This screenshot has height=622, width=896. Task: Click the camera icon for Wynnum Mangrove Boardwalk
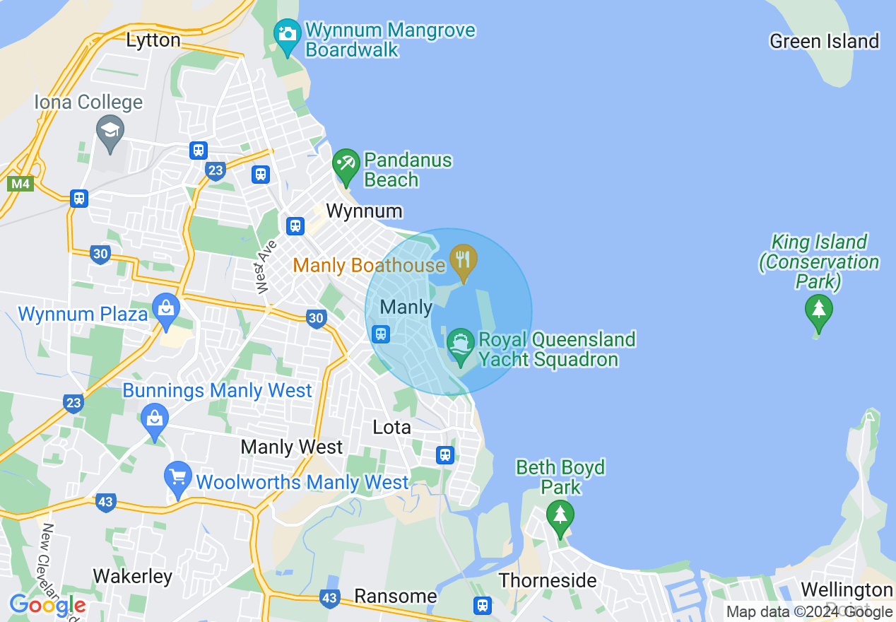(x=287, y=34)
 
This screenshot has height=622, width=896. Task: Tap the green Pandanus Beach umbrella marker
(x=346, y=163)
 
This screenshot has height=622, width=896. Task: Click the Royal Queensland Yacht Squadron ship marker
(x=461, y=344)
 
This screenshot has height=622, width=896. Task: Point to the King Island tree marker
(x=818, y=310)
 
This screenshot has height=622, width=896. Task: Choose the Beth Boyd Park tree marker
(x=560, y=515)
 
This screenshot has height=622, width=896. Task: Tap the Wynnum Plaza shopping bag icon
(x=166, y=308)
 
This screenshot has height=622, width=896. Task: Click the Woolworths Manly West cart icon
(x=177, y=476)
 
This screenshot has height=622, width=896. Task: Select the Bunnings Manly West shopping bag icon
(x=154, y=418)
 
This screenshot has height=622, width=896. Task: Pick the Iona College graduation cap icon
(x=110, y=130)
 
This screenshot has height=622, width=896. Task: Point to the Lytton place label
(x=153, y=40)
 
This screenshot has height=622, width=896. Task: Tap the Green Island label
(x=824, y=42)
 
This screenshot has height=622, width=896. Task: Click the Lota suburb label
(x=391, y=428)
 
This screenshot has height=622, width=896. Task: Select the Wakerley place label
(x=133, y=577)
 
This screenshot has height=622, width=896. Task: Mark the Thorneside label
(x=548, y=581)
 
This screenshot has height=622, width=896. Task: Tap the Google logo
(x=47, y=605)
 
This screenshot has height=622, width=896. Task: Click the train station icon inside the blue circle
(x=381, y=334)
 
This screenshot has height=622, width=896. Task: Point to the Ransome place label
(x=396, y=597)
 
